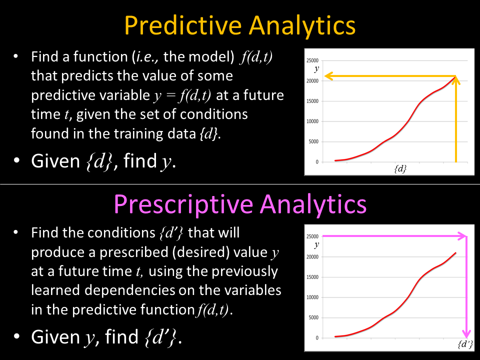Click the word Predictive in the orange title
coord(183,25)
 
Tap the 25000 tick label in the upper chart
coord(312,60)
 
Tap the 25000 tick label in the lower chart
coord(312,236)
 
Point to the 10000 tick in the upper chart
coord(312,121)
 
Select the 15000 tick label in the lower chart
coord(312,277)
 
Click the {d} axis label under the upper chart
coord(400,168)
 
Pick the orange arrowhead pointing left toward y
coord(329,76)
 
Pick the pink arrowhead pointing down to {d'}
coord(466,333)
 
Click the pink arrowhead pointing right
coord(462,236)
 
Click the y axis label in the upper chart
coord(316,68)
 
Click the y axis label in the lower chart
coord(316,244)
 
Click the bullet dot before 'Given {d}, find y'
coord(16,160)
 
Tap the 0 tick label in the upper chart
coord(317,162)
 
